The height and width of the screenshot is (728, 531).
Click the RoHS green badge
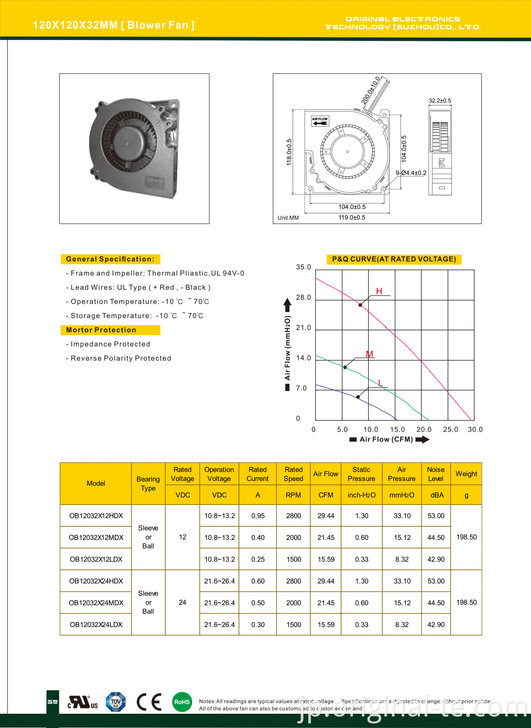click(182, 702)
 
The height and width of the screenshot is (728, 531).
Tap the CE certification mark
click(149, 702)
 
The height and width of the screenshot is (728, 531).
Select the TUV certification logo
click(115, 702)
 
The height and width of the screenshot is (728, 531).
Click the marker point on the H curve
click(360, 305)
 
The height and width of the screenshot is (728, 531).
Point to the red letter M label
click(369, 354)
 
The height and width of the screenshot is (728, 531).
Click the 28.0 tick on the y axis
click(304, 297)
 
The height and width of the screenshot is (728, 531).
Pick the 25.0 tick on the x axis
click(450, 429)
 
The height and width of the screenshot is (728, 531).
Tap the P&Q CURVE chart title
click(394, 259)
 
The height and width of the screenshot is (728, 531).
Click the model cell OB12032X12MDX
click(96, 537)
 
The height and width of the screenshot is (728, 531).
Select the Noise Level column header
click(436, 474)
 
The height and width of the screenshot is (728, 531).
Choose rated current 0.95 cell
click(258, 516)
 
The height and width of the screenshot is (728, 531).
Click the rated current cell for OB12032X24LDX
click(258, 625)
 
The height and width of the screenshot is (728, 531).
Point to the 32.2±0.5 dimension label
click(440, 101)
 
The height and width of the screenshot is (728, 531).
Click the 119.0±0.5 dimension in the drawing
click(352, 218)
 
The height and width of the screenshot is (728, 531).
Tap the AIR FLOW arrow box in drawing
click(320, 121)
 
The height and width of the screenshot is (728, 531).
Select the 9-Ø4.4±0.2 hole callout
click(411, 173)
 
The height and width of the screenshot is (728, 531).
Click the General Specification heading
click(110, 259)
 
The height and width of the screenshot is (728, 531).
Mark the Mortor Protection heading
click(101, 330)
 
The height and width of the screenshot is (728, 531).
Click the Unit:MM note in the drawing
click(288, 218)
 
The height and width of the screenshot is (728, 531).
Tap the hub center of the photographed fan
click(127, 143)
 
